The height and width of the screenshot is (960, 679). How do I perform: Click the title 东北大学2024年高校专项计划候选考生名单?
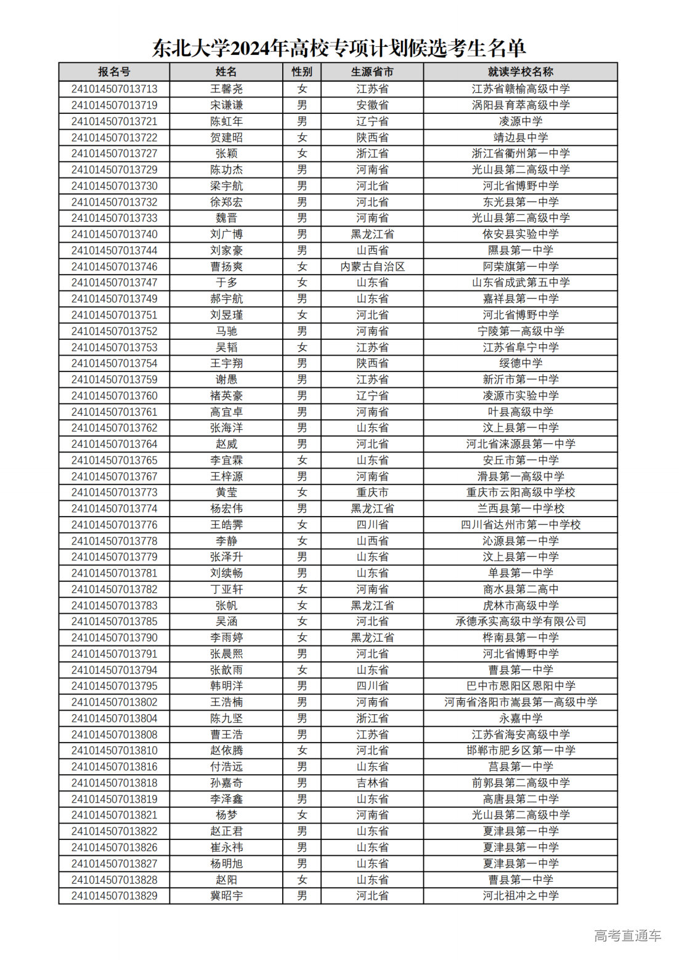coord(339,48)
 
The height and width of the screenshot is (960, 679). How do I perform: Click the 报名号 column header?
coord(114,72)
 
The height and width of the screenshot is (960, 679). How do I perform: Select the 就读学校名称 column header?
coord(521,72)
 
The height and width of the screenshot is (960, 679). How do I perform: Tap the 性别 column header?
coord(302,72)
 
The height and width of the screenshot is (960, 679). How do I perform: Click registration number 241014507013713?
coord(114,89)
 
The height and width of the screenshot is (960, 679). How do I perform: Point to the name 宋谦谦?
coord(226,105)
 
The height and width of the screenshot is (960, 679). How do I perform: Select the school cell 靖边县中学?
coord(521,137)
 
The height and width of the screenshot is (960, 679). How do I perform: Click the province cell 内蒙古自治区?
coord(372,267)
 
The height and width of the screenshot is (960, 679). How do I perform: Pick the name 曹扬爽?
coord(226,267)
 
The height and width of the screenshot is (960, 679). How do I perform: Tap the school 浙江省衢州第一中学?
coord(521,153)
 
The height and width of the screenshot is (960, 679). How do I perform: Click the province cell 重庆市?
coord(372,493)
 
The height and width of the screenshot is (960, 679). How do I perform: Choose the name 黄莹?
coord(226,493)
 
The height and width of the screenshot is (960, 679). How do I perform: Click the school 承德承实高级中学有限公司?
coord(521,621)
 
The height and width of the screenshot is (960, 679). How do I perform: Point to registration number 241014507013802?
coord(114,702)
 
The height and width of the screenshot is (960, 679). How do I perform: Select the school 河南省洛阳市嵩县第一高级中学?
coord(521,702)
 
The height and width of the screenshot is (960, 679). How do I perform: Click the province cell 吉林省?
coord(372,783)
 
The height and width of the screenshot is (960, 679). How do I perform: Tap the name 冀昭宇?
coord(226,896)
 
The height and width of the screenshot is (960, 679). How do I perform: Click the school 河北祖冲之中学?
coord(521,896)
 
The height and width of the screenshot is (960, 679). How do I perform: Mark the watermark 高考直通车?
coord(627,936)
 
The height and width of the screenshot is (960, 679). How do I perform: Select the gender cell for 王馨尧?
coord(302,89)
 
